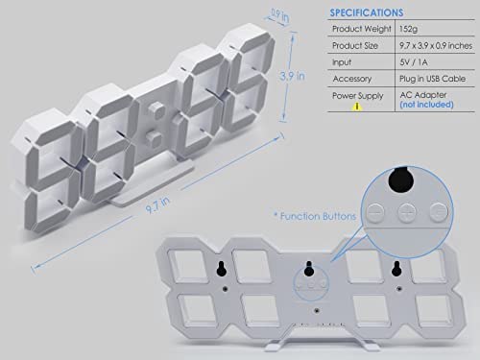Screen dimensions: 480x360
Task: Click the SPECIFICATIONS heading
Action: [367, 12]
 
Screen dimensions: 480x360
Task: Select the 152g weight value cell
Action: [408, 29]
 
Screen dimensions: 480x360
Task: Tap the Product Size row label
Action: [355, 46]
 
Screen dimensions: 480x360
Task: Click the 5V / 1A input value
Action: [414, 62]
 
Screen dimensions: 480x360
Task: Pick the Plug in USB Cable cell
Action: [432, 79]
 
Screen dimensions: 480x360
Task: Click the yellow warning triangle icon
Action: [357, 107]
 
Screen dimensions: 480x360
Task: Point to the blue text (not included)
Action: [426, 105]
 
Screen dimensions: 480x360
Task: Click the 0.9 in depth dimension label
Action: [279, 15]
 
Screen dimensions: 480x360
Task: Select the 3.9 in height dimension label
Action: [292, 76]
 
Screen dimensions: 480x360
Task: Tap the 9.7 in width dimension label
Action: [157, 205]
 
